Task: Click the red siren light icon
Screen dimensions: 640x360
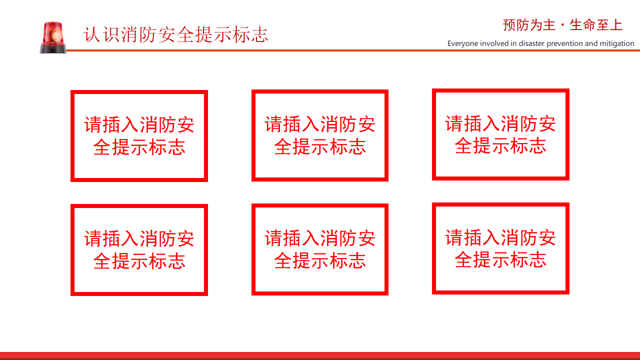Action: pos(53,37)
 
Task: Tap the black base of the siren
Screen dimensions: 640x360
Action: pos(53,48)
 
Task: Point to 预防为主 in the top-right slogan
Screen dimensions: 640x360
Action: pos(529,25)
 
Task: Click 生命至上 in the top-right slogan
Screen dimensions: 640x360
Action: pos(596,25)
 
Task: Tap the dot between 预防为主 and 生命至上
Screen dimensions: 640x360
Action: pos(562,25)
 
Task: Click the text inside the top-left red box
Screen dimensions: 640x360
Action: pos(139,136)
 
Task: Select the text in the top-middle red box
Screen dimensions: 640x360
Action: pos(319,135)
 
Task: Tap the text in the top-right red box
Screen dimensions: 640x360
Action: pos(500,134)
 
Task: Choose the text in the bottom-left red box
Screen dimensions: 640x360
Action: pos(139,250)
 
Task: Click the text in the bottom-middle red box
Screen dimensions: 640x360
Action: pos(319,249)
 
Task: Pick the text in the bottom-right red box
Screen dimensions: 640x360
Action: pos(500,248)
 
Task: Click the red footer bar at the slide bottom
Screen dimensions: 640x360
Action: pos(320,356)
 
